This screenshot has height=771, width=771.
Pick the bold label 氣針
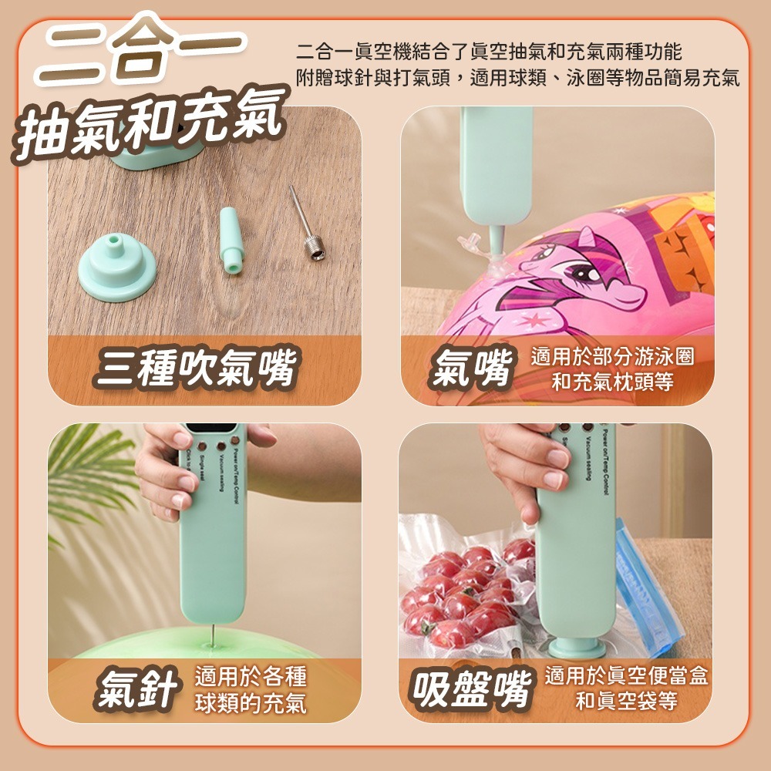coord(138,689)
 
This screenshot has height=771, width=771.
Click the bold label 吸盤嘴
coord(471,689)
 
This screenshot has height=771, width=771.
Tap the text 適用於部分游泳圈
coord(612,356)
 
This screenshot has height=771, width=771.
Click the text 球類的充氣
coord(251,702)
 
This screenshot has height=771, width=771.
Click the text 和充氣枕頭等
coord(612,382)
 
